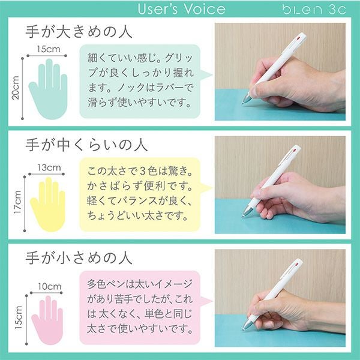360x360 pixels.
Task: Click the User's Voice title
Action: tap(181, 9)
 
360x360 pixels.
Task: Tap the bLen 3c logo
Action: tap(314, 10)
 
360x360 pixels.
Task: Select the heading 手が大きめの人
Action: tap(79, 32)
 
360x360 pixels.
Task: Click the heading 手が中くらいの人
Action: tap(86, 145)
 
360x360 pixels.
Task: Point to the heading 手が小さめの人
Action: tap(79, 258)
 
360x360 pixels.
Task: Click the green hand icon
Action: tap(48, 89)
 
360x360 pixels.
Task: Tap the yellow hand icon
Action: tap(48, 205)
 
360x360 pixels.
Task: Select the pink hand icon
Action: tap(47, 320)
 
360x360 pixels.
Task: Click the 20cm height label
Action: tap(16, 88)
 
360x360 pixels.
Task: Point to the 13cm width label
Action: tap(49, 167)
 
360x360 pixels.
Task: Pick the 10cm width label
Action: tap(50, 286)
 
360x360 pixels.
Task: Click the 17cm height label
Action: tap(17, 202)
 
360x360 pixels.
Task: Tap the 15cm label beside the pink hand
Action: tap(19, 317)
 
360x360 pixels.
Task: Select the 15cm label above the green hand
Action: tap(49, 49)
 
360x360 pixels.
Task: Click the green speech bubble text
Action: tap(140, 80)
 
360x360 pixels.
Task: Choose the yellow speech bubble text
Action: tap(140, 194)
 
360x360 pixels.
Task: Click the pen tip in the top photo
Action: tap(243, 104)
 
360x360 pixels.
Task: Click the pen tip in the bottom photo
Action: tap(243, 329)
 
